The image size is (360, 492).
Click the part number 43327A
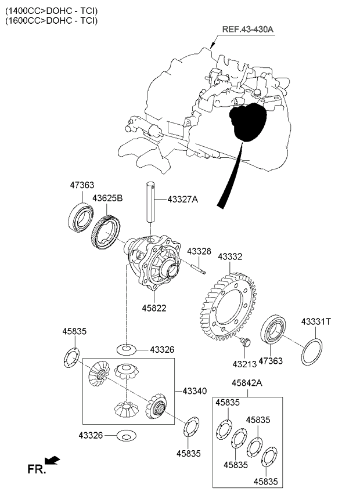182,200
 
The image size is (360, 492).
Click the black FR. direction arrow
52,461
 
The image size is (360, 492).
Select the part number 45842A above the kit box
247,383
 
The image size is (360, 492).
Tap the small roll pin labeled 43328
196,266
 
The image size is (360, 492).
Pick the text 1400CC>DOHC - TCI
52,10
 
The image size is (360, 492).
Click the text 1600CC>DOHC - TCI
52,20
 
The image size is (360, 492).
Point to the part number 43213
244,364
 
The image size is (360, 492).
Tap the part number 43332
230,256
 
